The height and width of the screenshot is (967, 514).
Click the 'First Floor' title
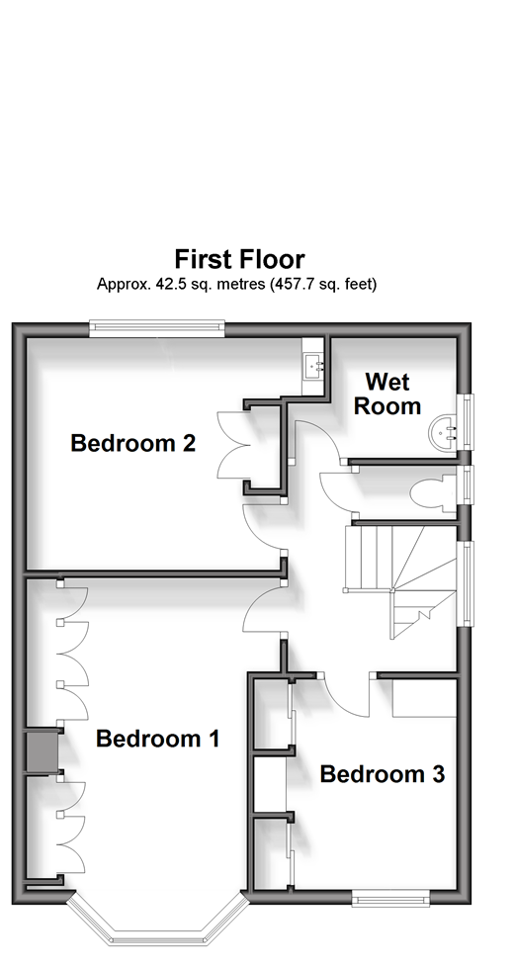click(239, 259)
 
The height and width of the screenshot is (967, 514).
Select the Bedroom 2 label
click(133, 443)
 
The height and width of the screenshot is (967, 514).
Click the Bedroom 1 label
click(158, 739)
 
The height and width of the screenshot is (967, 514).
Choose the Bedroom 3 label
click(383, 774)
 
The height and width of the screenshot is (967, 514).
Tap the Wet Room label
click(387, 394)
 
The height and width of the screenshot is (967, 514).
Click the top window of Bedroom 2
click(157, 328)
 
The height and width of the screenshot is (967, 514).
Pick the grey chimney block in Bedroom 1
click(42, 752)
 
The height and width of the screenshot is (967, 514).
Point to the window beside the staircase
click(470, 583)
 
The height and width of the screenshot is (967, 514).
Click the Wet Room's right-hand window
click(470, 422)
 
